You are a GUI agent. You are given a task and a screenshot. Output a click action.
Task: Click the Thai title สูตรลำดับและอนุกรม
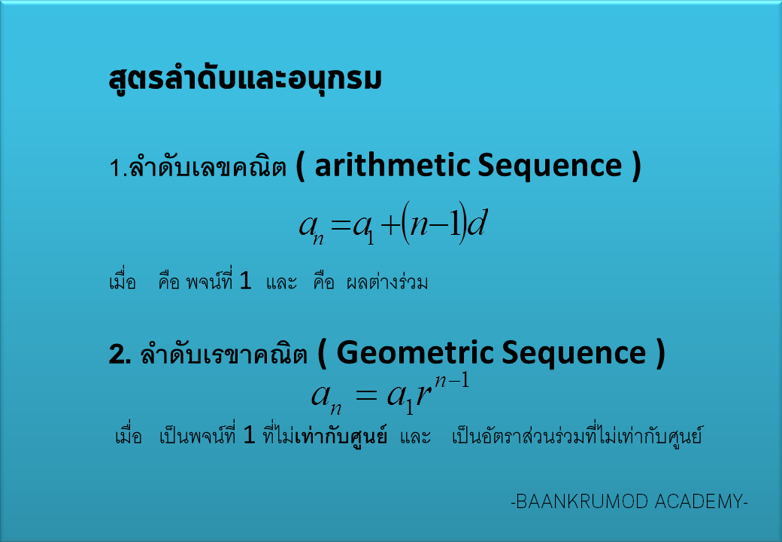(x=245, y=79)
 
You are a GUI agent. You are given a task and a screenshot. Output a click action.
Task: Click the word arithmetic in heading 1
(x=393, y=165)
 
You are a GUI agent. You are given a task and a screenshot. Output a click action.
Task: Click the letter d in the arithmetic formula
(x=477, y=224)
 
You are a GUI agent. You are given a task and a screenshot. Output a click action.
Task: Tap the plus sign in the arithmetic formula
(x=390, y=226)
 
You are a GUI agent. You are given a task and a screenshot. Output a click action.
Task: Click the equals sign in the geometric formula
(x=365, y=396)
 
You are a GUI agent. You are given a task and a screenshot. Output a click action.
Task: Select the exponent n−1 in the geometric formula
(x=452, y=381)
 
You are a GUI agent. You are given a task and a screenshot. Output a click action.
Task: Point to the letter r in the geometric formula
(x=423, y=394)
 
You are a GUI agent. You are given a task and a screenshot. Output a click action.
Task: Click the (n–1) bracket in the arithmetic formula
(x=434, y=223)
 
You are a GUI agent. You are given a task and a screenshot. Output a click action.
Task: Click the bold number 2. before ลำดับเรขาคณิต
(x=120, y=355)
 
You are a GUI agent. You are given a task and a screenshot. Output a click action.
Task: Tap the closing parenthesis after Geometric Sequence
(x=660, y=354)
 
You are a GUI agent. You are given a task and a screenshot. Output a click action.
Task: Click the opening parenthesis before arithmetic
(x=300, y=166)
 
